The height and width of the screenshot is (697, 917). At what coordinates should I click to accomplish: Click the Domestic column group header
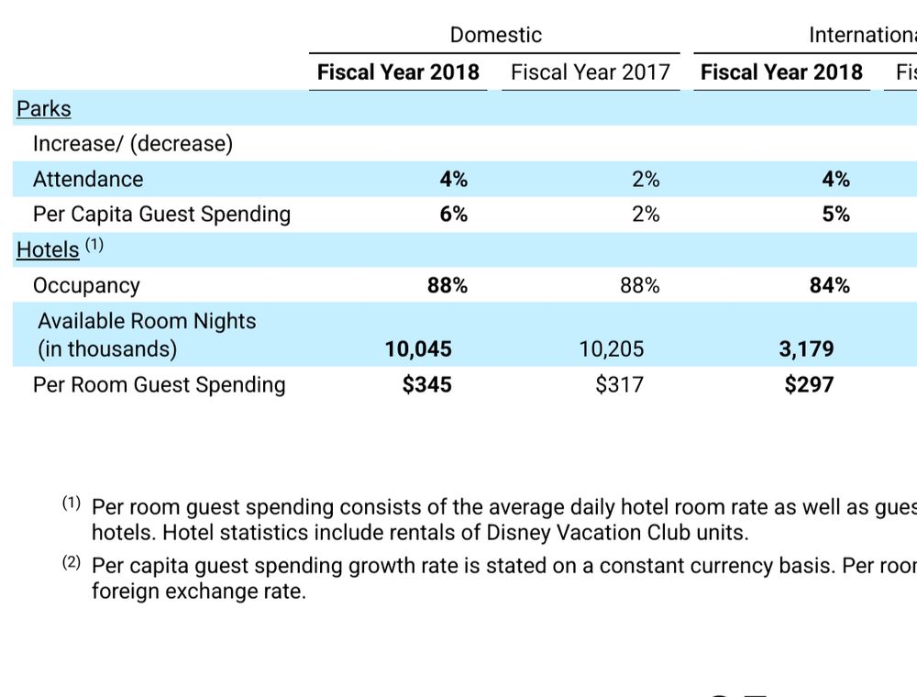pyautogui.click(x=495, y=35)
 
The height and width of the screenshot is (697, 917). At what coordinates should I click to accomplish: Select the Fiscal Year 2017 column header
pyautogui.click(x=591, y=72)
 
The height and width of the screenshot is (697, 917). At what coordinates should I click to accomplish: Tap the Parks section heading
pyautogui.click(x=43, y=108)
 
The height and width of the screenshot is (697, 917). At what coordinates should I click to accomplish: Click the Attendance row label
pyautogui.click(x=88, y=179)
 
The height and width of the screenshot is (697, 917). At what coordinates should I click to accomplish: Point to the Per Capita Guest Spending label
pyautogui.click(x=161, y=214)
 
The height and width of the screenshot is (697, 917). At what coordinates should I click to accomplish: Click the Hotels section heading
pyautogui.click(x=48, y=249)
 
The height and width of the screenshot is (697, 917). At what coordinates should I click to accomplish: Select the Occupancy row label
pyautogui.click(x=86, y=285)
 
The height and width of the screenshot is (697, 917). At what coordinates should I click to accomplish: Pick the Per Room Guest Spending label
pyautogui.click(x=159, y=384)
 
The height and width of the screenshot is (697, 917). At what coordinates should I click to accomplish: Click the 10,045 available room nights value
pyautogui.click(x=418, y=349)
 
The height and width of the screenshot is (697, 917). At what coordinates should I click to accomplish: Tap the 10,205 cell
pyautogui.click(x=612, y=349)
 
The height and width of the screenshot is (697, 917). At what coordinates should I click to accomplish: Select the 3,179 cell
pyautogui.click(x=807, y=349)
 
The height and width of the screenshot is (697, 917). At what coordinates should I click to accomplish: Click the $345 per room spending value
pyautogui.click(x=427, y=384)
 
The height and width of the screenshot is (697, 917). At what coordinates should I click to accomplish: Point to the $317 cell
pyautogui.click(x=620, y=384)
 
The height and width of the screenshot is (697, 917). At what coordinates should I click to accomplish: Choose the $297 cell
pyautogui.click(x=809, y=384)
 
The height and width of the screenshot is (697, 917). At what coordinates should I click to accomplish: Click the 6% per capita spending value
pyautogui.click(x=453, y=214)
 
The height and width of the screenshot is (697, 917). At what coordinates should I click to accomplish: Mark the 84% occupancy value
pyautogui.click(x=829, y=285)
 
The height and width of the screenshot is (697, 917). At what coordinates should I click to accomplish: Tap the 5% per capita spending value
pyautogui.click(x=835, y=214)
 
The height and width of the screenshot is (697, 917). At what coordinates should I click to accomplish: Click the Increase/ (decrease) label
pyautogui.click(x=133, y=143)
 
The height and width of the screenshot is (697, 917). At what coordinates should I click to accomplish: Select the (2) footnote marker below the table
pyautogui.click(x=72, y=564)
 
